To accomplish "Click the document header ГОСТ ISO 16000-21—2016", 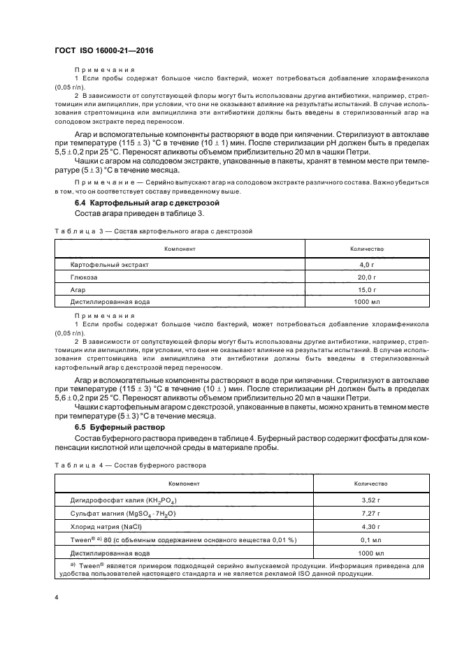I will click(103, 50).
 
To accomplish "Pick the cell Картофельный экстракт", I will click(110, 266).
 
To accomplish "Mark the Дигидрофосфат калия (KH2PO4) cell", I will click(122, 500).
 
